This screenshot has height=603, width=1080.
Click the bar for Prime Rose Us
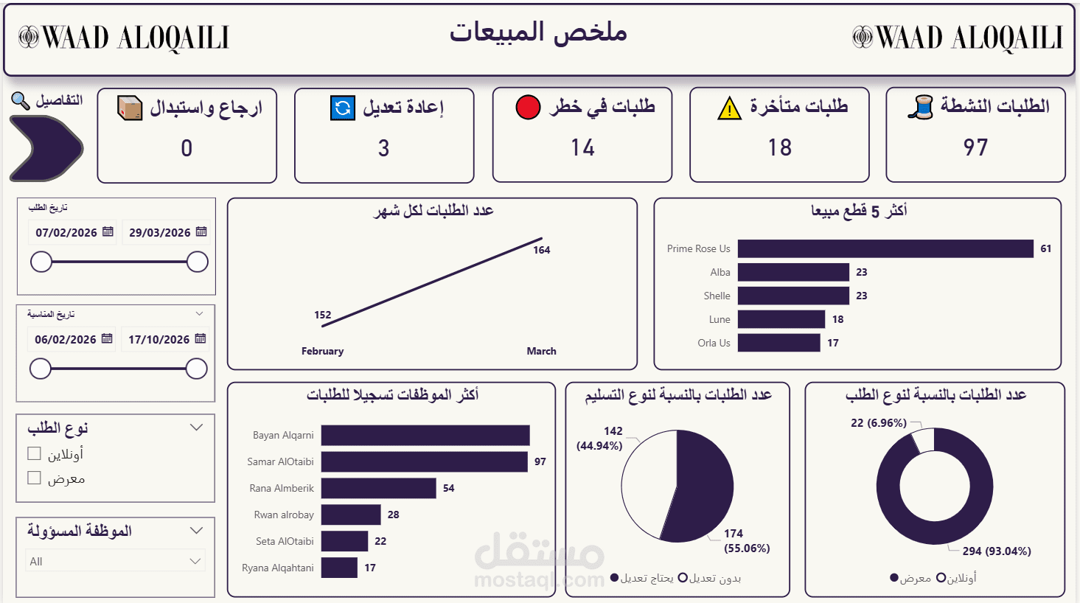[x=885, y=249]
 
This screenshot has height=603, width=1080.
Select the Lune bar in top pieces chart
[x=781, y=319]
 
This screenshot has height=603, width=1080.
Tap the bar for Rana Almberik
[x=378, y=488]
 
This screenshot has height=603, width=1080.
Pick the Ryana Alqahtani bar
[x=339, y=568]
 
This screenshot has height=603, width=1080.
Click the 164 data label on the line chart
[x=541, y=250]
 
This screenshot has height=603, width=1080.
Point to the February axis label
[x=322, y=351]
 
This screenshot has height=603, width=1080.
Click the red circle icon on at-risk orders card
[x=528, y=107]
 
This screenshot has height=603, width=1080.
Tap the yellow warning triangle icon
[x=729, y=108]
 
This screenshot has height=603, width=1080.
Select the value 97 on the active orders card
[x=975, y=147]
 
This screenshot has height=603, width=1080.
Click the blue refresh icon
[x=343, y=108]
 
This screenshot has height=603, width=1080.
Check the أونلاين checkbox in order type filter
[x=34, y=453]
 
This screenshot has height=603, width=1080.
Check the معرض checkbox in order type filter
[x=34, y=478]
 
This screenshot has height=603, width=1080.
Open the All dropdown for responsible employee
[x=115, y=561]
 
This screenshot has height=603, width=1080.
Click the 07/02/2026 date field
[x=67, y=232]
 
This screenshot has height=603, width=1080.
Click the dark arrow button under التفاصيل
[x=46, y=148]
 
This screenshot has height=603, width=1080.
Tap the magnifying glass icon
[x=21, y=100]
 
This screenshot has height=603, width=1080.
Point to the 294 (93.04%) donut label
[x=996, y=551]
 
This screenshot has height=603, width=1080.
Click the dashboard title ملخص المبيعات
[x=539, y=32]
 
